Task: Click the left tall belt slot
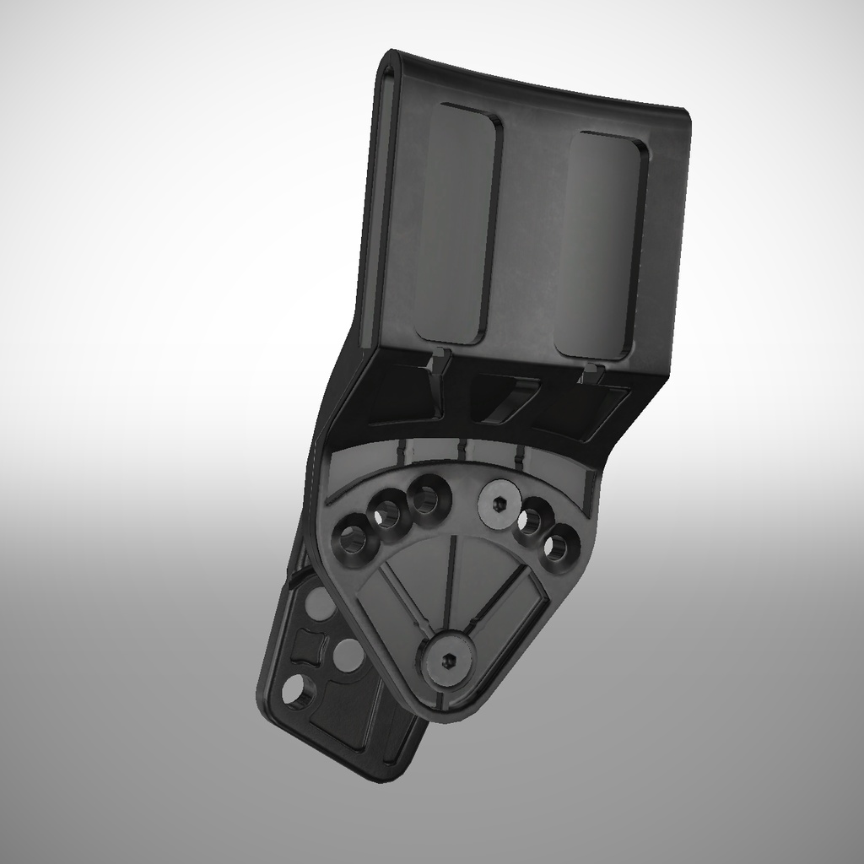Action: point(456,224)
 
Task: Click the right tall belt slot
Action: point(603,245)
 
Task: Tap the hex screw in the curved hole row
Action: point(498,504)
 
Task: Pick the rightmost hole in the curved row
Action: point(559,547)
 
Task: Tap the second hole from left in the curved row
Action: point(388,512)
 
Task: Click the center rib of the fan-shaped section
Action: point(451,582)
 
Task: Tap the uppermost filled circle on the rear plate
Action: point(319,603)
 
